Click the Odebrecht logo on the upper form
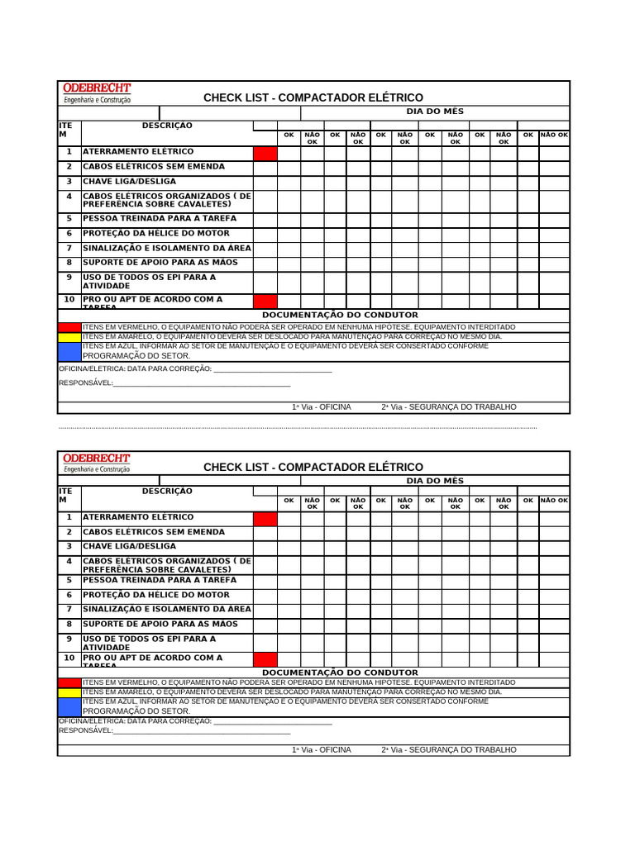click(97, 93)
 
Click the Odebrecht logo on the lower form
click(97, 463)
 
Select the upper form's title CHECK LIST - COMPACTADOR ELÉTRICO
click(313, 97)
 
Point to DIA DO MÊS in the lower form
click(434, 481)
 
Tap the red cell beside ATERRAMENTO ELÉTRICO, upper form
click(265, 153)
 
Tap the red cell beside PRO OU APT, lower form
click(265, 659)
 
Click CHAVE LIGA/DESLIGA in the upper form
click(129, 181)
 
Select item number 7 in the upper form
click(69, 248)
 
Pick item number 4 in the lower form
click(69, 562)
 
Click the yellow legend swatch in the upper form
click(69, 337)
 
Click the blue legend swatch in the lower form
click(69, 706)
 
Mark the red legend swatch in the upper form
click(69, 327)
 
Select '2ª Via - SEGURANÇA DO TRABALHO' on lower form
click(448, 749)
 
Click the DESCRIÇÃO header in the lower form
click(167, 491)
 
